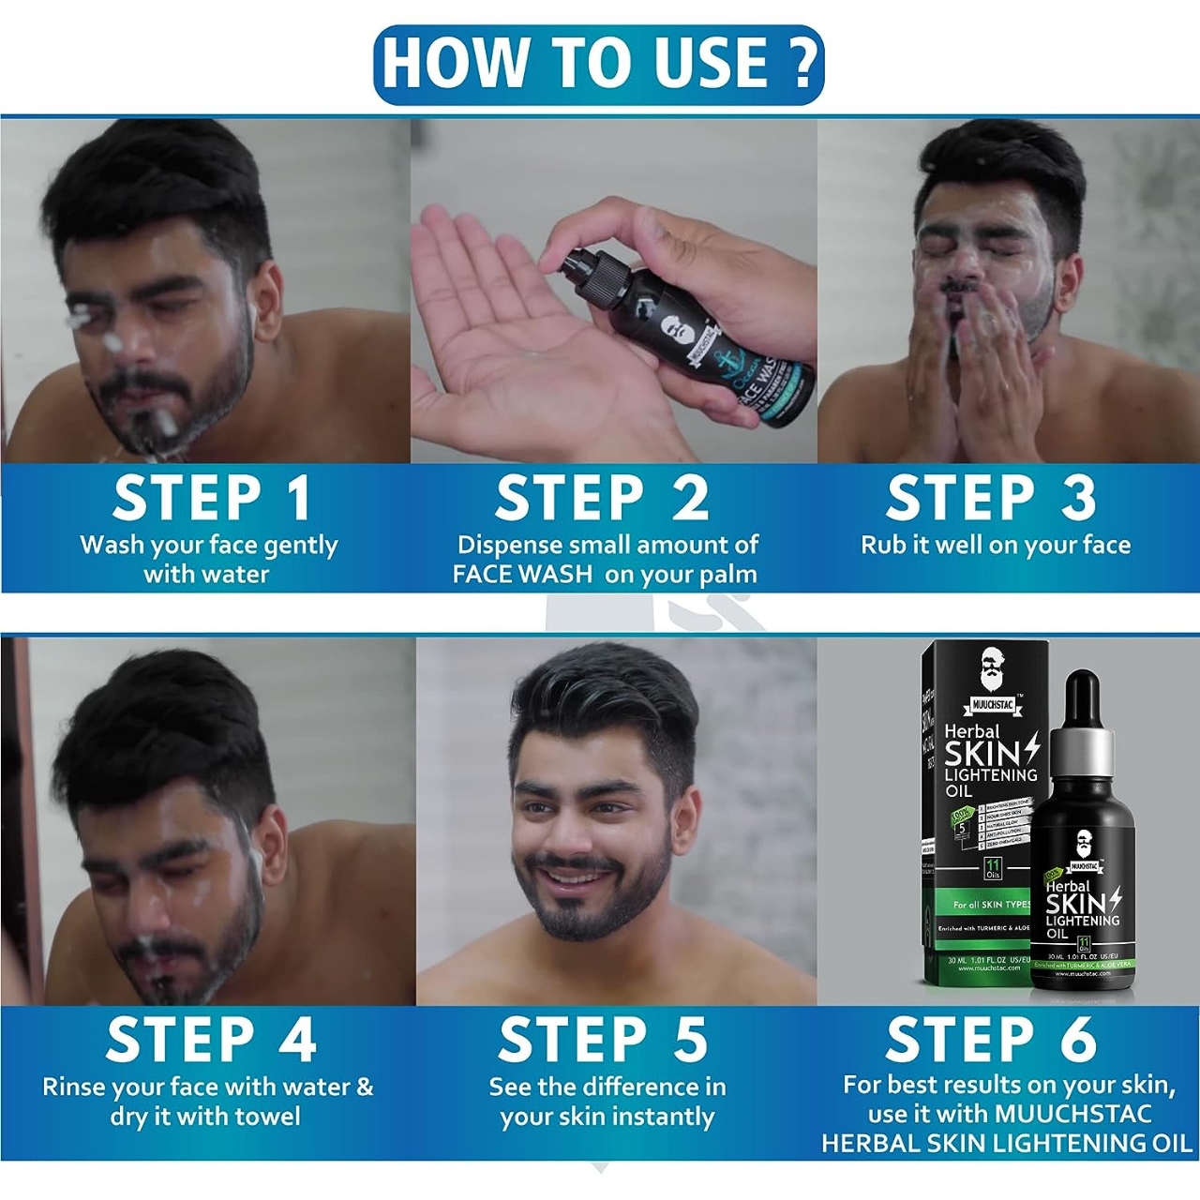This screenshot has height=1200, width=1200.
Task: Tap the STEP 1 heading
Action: click(211, 498)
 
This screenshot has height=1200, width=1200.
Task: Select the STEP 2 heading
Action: click(601, 498)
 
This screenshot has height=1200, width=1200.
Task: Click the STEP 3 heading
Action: click(991, 498)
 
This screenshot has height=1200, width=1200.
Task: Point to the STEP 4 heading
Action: click(211, 1040)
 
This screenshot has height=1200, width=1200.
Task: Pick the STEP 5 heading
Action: click(602, 1040)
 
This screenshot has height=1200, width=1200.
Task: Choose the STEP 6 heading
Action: click(991, 1040)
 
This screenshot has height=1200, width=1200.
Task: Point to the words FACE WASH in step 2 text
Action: click(522, 575)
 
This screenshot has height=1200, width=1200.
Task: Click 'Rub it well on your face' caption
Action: click(996, 546)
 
